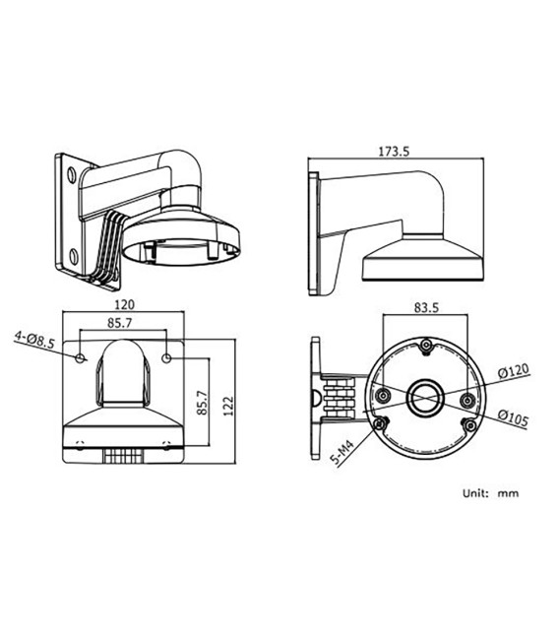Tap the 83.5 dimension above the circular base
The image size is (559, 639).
tap(425, 307)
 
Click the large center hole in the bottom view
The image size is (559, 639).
tap(425, 395)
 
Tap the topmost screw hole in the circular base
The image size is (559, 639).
tap(425, 346)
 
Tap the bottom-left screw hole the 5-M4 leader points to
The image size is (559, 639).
tap(380, 424)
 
